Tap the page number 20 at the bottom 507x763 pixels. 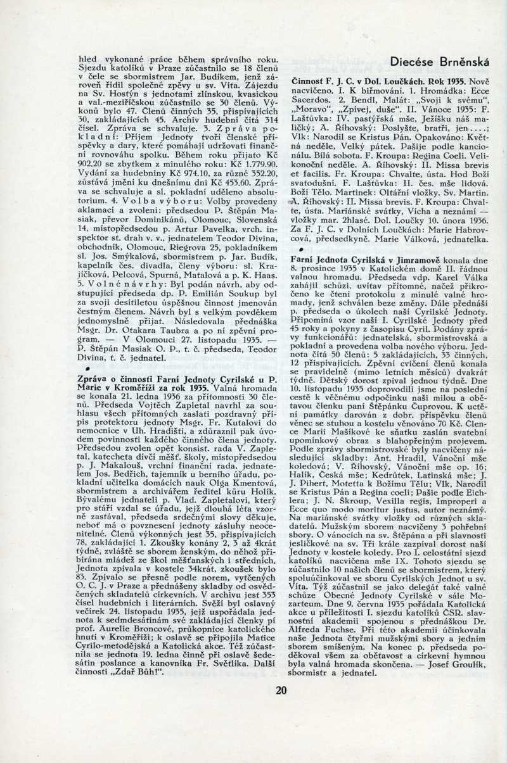(x=281, y=690)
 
